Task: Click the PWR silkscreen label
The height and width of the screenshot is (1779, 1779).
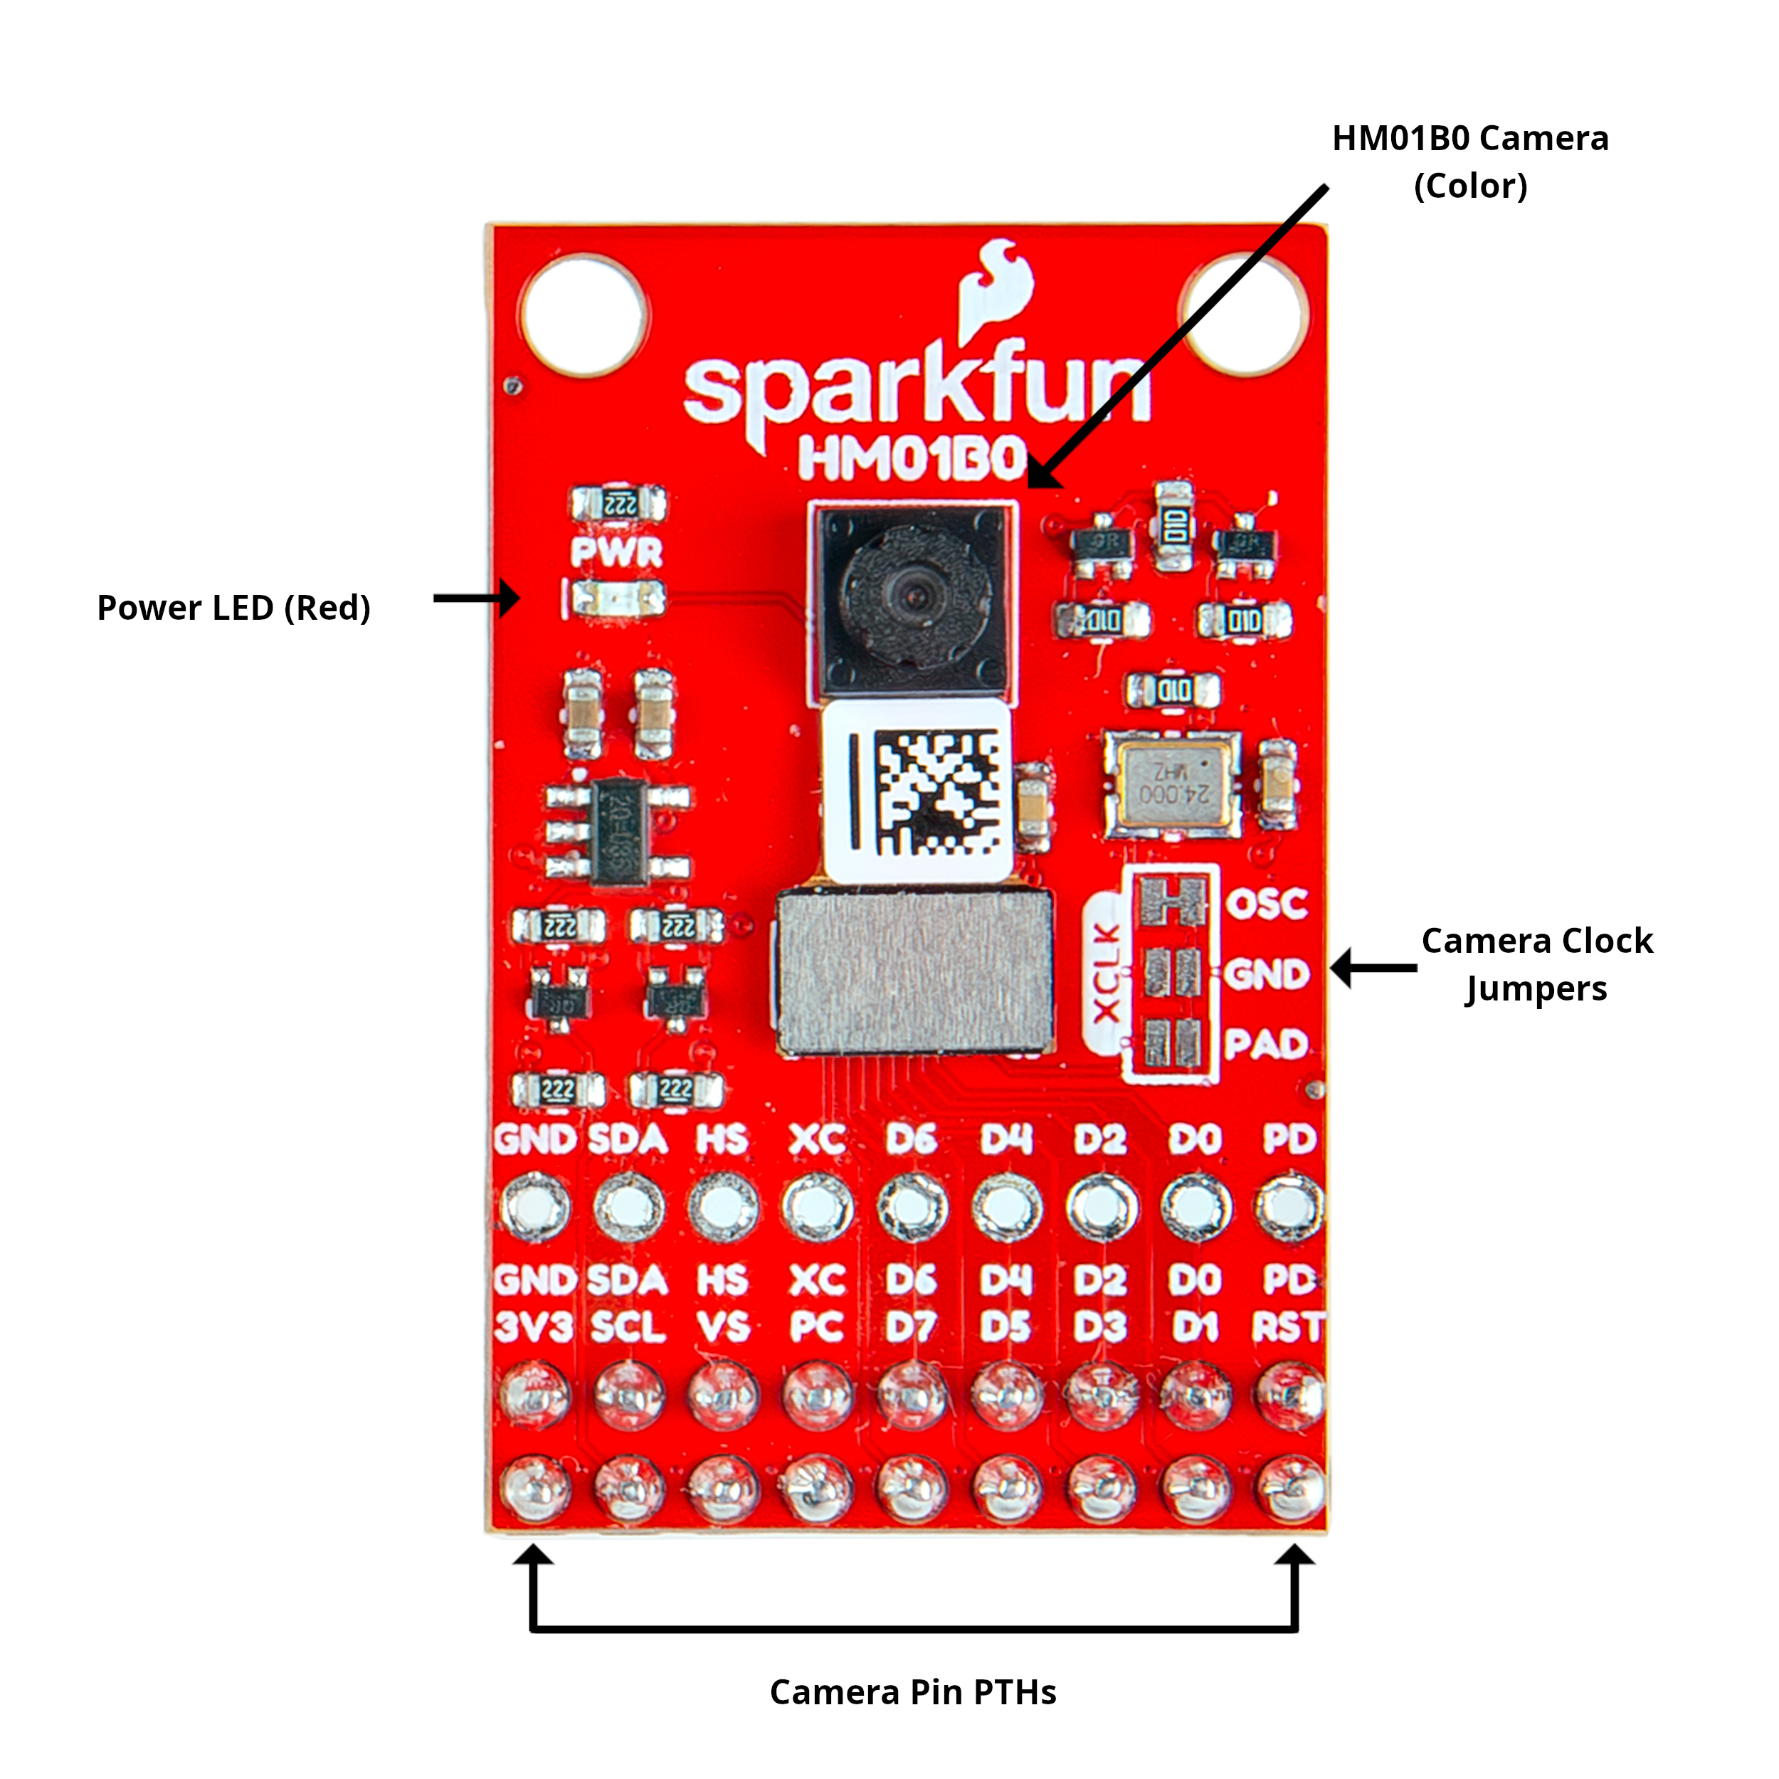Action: click(x=616, y=551)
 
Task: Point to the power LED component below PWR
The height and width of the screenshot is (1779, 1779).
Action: click(x=617, y=599)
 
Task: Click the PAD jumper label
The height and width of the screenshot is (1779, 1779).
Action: click(x=1266, y=1044)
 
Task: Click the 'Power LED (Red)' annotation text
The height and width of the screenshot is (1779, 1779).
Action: click(x=234, y=608)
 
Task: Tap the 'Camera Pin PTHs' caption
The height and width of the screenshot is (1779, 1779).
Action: click(x=912, y=1692)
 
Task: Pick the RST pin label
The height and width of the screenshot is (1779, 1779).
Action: click(x=1287, y=1327)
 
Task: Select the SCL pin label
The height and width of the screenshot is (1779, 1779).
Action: click(x=628, y=1327)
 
